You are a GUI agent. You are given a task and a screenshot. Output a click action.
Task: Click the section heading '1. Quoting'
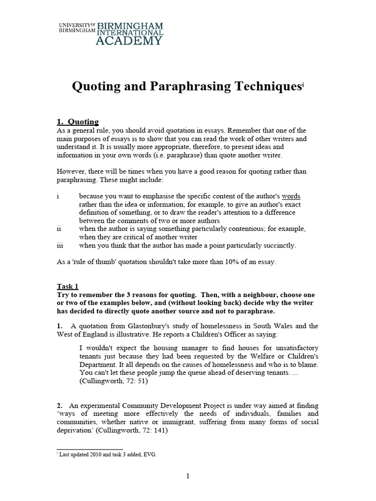(78, 122)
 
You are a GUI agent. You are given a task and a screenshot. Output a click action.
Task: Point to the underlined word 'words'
(291, 196)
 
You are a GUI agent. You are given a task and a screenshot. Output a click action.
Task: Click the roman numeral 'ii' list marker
(59, 229)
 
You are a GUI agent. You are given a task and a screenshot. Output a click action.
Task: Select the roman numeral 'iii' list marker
(60, 246)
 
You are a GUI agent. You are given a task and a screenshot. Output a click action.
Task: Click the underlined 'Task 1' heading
(68, 287)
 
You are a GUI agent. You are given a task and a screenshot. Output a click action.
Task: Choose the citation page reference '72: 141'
(149, 431)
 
